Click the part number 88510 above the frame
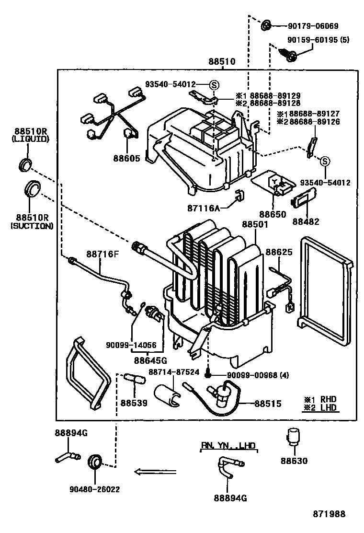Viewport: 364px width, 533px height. [222, 61]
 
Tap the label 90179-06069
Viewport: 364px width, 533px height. [313, 26]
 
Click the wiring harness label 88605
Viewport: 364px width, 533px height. [126, 158]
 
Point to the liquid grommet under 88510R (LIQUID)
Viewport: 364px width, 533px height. [25, 164]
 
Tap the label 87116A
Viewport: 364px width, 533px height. [204, 208]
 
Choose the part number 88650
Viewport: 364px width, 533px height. [273, 214]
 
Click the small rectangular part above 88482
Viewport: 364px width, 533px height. [304, 198]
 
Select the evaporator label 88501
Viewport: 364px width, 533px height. [255, 224]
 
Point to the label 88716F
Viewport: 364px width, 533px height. [102, 254]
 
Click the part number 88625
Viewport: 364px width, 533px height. [279, 252]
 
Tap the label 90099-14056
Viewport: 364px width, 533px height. [131, 345]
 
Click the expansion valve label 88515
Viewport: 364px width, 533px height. [268, 404]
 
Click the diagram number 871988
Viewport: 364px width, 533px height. [329, 514]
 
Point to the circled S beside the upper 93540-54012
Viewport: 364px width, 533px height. [214, 85]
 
